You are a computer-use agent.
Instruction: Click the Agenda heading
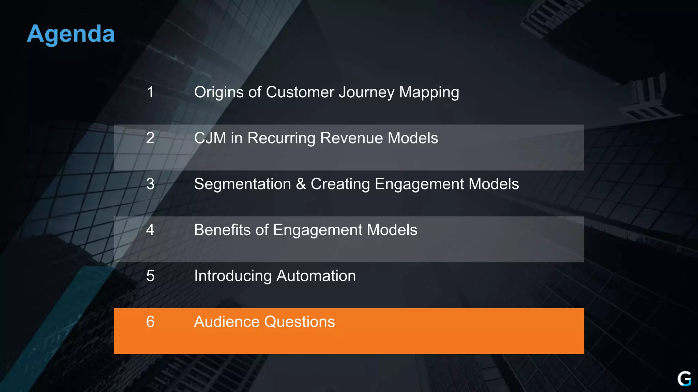point(71,34)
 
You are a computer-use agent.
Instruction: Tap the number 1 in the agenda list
point(150,92)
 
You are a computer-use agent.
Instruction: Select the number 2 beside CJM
point(150,138)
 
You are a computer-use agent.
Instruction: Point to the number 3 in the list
point(150,184)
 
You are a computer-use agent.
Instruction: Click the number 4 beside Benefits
point(150,230)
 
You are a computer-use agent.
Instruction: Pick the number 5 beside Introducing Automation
point(150,276)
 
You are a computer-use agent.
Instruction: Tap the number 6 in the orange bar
point(150,322)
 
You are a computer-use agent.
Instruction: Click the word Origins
point(219,93)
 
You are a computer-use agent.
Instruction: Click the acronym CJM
point(210,138)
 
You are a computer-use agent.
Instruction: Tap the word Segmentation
point(242,184)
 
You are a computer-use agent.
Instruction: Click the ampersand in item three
point(301,184)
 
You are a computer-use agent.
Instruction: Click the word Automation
point(316,276)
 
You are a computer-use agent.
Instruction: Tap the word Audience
point(227,322)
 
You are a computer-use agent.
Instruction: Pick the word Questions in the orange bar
point(300,322)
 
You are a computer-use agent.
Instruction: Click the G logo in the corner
point(684,379)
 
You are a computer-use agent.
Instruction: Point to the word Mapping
point(429,93)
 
